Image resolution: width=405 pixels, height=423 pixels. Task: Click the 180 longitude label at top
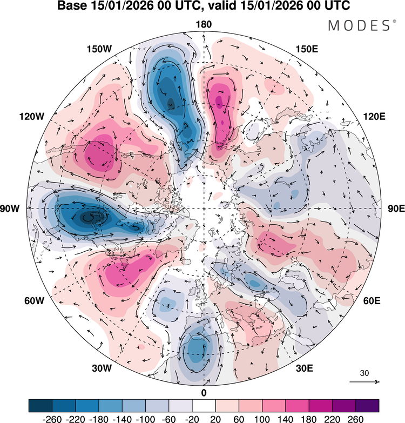click(x=204, y=24)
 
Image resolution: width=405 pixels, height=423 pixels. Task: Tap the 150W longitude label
click(x=99, y=49)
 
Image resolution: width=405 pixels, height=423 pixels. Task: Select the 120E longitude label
click(x=374, y=117)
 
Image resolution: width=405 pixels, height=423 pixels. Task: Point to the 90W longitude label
click(x=10, y=209)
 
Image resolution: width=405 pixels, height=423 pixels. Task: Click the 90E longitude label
click(x=396, y=209)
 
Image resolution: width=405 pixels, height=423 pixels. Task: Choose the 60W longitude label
click(x=34, y=300)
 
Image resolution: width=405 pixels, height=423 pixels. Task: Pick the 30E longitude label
click(x=305, y=368)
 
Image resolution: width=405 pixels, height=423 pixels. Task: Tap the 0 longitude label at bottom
click(x=204, y=393)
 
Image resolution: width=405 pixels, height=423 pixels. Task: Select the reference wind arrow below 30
click(x=364, y=382)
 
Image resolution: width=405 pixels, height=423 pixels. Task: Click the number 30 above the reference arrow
click(x=364, y=373)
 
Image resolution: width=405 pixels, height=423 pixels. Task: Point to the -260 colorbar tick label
click(x=52, y=419)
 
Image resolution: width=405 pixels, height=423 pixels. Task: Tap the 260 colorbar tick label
click(x=356, y=419)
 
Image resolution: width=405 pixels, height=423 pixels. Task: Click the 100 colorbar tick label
click(x=262, y=419)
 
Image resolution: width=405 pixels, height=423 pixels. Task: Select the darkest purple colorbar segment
click(x=367, y=406)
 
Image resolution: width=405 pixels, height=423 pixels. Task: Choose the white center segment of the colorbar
click(x=204, y=406)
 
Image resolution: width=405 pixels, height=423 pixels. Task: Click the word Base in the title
click(x=72, y=6)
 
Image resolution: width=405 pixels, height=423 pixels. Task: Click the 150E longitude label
click(x=307, y=49)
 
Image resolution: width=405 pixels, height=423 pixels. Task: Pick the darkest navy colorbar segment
click(x=40, y=406)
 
